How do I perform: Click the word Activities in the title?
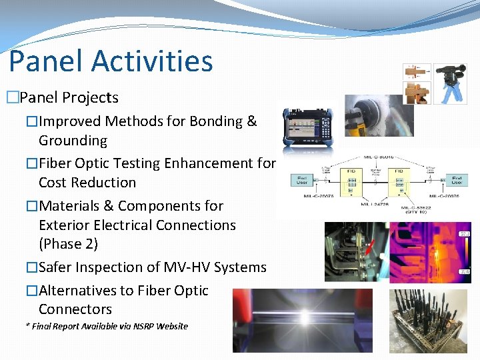click(x=152, y=61)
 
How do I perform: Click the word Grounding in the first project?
click(x=73, y=141)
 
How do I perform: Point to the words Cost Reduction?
click(x=87, y=183)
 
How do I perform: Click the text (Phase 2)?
click(x=68, y=244)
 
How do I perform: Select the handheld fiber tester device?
click(x=307, y=127)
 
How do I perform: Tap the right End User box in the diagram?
click(x=457, y=180)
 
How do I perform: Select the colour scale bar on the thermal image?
click(x=465, y=253)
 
